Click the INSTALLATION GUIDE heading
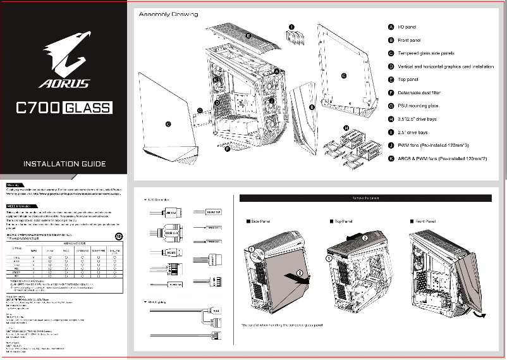pos(64,164)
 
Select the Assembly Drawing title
pos(168,14)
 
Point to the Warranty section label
pos(15,185)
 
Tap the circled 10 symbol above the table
pos(119,236)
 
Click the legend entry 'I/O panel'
pos(406,27)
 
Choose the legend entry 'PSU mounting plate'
pos(418,106)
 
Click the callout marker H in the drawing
pos(346,128)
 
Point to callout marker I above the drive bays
pos(291,27)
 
